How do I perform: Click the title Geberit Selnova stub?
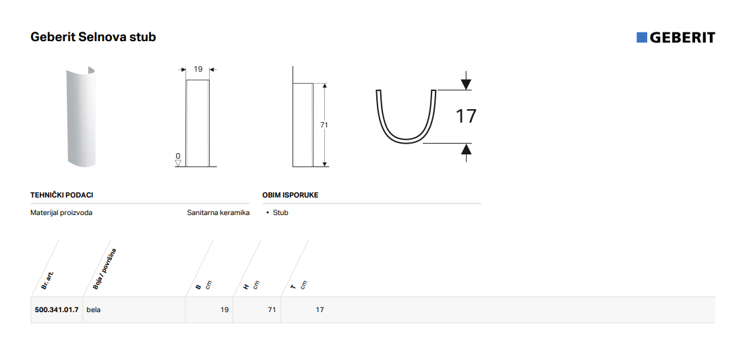(93, 37)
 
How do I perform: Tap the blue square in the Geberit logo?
(641, 38)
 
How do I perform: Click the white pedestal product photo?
(82, 117)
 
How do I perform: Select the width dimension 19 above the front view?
(198, 69)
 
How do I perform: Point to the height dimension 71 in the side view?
(324, 125)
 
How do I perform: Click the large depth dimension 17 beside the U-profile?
(466, 117)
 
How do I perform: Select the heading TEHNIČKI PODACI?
(62, 196)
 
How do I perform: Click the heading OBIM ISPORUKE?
(291, 196)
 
